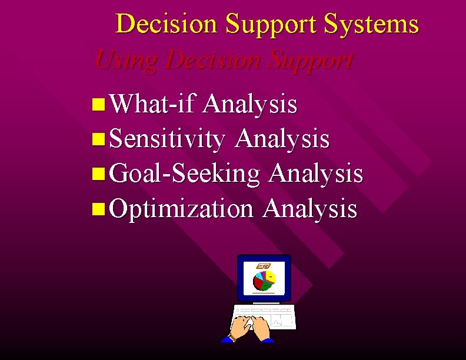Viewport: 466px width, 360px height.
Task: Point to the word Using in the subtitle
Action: (x=127, y=60)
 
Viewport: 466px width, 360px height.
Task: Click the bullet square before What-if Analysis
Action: (x=98, y=106)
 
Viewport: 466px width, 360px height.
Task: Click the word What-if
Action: (x=152, y=105)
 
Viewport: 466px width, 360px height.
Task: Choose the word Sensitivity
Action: (x=167, y=139)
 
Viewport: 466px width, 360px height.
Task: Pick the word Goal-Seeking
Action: (x=185, y=174)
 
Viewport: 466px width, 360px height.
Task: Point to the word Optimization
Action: (x=181, y=208)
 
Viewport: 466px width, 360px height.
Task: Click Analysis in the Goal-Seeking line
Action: (x=315, y=174)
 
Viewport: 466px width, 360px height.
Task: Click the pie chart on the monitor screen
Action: (x=264, y=281)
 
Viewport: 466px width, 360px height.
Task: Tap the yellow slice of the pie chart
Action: (x=269, y=275)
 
